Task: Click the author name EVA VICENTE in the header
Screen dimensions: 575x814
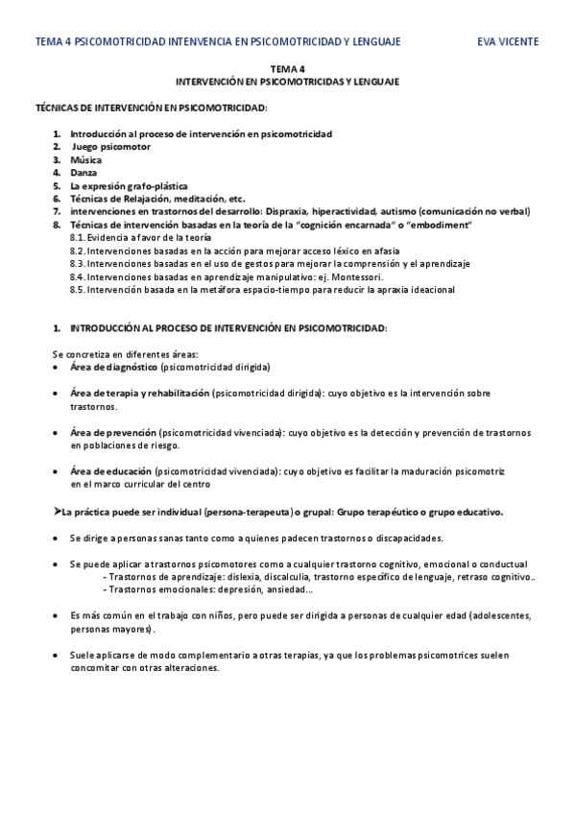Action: tap(508, 41)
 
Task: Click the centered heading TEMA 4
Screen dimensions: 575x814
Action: tap(287, 69)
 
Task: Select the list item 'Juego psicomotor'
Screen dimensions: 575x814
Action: tap(111, 147)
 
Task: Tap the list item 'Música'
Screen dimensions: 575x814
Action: tap(85, 159)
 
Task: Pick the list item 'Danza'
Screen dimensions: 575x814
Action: tap(84, 172)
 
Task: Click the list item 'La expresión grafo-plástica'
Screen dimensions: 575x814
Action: tap(129, 185)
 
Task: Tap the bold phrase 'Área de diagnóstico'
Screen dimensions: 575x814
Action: tap(113, 367)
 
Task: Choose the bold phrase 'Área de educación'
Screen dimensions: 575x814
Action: tap(109, 471)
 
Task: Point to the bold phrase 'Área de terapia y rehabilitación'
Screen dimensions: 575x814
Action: tap(139, 394)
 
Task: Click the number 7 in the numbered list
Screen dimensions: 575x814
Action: tap(57, 210)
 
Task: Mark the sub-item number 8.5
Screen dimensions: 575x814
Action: tap(79, 289)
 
